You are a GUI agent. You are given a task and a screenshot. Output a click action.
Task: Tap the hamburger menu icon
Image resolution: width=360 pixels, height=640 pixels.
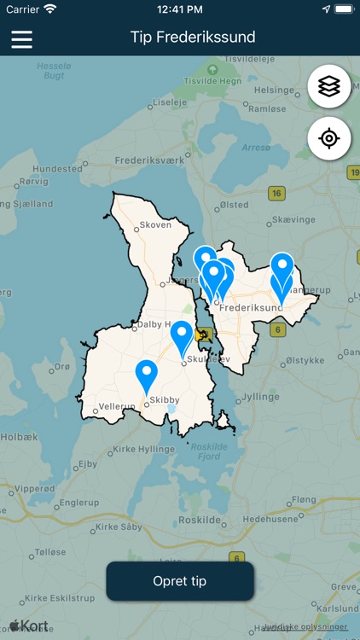point(21,38)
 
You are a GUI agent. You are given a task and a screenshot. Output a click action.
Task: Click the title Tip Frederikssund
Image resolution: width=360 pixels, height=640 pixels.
point(193,38)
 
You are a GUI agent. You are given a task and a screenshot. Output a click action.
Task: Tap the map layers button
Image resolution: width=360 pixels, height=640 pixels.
point(329,86)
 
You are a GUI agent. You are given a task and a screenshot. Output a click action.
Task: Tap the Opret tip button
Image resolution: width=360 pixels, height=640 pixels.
point(180,581)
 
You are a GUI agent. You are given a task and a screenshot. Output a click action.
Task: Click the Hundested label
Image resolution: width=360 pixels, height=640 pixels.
point(58,169)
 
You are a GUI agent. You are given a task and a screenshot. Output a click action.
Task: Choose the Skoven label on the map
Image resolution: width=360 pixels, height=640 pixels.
point(155,224)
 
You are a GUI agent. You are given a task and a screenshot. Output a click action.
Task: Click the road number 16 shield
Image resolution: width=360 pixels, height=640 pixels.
point(276,194)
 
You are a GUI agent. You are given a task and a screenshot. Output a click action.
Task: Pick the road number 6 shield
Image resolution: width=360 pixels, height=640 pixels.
point(277,329)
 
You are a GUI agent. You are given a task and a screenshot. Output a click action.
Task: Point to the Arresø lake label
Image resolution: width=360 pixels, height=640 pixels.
point(255,148)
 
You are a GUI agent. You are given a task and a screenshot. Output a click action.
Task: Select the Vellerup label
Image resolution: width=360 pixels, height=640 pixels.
point(117,407)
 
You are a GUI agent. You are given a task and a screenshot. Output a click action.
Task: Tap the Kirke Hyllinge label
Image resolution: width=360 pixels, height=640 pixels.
point(143,449)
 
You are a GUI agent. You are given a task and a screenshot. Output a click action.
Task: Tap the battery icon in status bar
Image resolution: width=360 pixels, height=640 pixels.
point(343,9)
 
